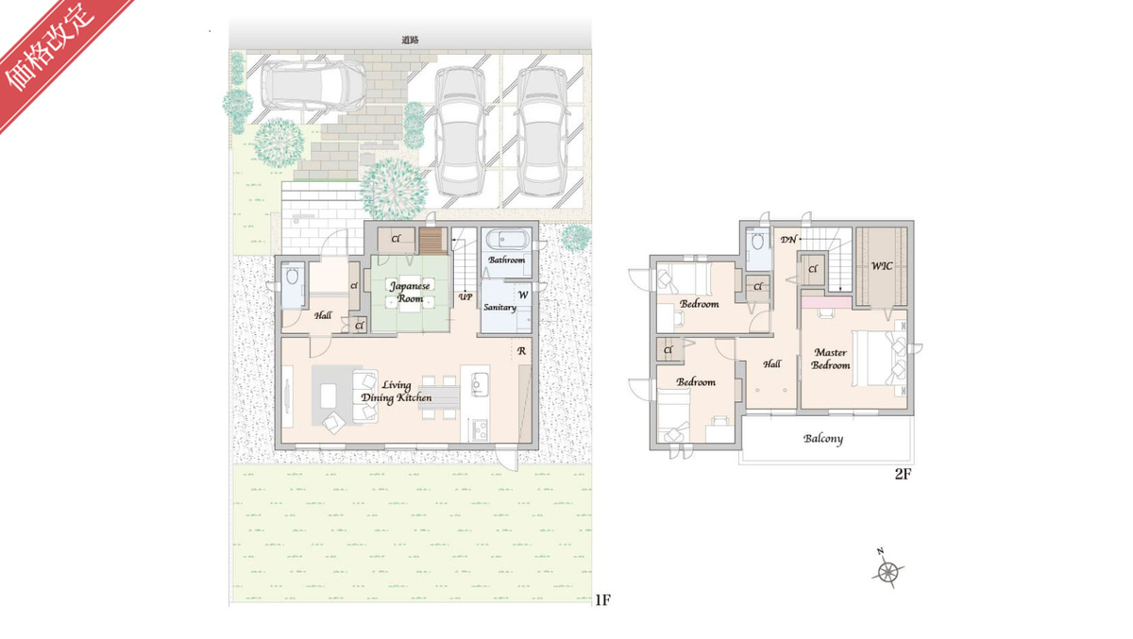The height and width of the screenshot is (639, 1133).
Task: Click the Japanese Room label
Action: click(410, 293)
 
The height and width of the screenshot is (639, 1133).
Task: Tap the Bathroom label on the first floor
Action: click(506, 260)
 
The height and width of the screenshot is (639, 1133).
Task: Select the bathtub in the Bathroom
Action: click(506, 239)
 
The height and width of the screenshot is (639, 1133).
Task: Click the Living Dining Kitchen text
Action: click(396, 392)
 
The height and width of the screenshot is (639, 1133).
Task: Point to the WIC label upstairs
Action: click(882, 266)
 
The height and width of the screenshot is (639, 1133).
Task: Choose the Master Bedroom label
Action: click(831, 359)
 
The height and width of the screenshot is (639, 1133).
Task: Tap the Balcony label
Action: click(823, 439)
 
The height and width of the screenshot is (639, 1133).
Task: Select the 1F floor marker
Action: click(602, 600)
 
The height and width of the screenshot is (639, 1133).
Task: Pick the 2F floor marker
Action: click(903, 474)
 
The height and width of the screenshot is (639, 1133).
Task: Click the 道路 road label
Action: click(410, 40)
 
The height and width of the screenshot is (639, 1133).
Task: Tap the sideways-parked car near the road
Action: click(313, 87)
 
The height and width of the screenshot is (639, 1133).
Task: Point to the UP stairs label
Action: click(465, 296)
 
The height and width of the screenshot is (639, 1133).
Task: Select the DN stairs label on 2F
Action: click(788, 240)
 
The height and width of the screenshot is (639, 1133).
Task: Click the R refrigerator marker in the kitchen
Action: click(521, 351)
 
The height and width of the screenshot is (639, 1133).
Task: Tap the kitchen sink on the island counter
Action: click(478, 385)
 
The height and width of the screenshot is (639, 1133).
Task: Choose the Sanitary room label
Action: click(499, 307)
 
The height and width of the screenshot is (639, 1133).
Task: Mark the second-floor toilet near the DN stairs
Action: click(757, 243)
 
